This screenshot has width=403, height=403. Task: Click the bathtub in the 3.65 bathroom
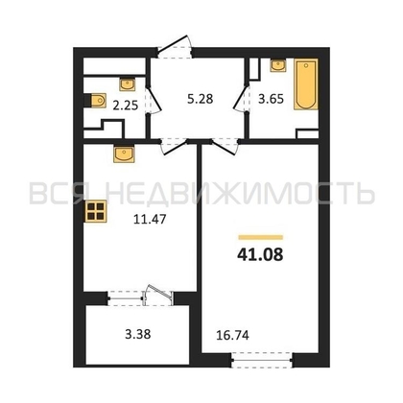pyautogui.click(x=306, y=84)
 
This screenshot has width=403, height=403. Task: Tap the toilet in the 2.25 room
pyautogui.click(x=95, y=101)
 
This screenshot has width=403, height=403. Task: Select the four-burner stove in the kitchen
pyautogui.click(x=95, y=212)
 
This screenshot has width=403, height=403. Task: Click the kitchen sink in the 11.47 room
pyautogui.click(x=124, y=154)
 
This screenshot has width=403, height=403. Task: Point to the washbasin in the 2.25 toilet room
pyautogui.click(x=128, y=84)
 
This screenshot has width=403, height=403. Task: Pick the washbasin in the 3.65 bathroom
pyautogui.click(x=278, y=65)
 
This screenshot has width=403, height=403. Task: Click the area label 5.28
pyautogui.click(x=201, y=99)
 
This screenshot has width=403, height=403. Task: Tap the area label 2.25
pyautogui.click(x=126, y=105)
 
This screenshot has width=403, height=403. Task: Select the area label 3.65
pyautogui.click(x=271, y=99)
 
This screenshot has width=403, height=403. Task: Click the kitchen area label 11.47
pyautogui.click(x=150, y=220)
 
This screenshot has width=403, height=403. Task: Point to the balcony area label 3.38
pyautogui.click(x=137, y=334)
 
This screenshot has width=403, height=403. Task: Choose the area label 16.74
pyautogui.click(x=232, y=335)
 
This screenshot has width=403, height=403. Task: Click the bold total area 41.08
pyautogui.click(x=260, y=255)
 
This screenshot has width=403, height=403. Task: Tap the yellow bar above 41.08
pyautogui.click(x=261, y=237)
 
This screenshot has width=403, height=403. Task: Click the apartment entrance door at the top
pyautogui.click(x=175, y=47)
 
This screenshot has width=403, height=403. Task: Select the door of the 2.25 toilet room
pyautogui.click(x=153, y=100)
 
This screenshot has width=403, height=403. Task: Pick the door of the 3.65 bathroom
pyautogui.click(x=241, y=98)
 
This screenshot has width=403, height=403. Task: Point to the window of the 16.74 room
pyautogui.click(x=262, y=360)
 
